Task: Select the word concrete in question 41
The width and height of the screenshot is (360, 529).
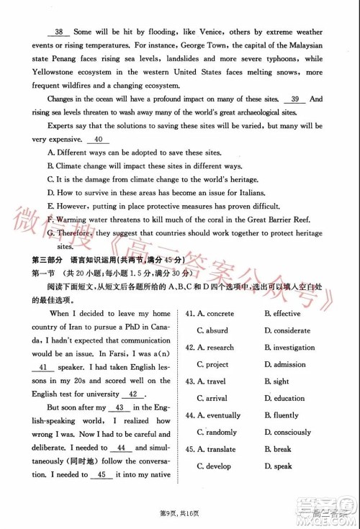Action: [x=220, y=315]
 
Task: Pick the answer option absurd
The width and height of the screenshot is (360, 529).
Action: [x=217, y=331]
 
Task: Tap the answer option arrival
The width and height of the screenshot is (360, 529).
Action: [x=217, y=399]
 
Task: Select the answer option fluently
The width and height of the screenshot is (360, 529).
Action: [x=286, y=415]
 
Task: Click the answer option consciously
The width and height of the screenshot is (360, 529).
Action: [x=292, y=433]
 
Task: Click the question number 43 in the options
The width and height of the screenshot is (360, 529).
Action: [x=189, y=382]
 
